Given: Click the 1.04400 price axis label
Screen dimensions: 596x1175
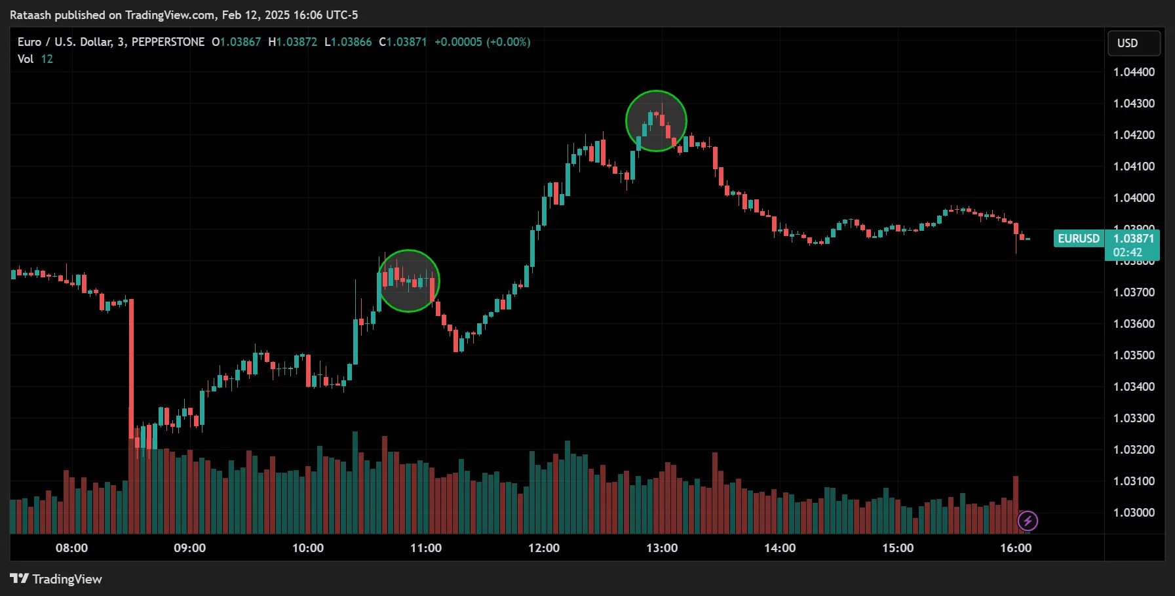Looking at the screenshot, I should [x=1134, y=72].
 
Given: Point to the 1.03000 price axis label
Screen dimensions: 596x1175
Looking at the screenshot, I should [x=1134, y=513].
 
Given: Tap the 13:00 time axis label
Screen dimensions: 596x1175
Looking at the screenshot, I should [x=662, y=548].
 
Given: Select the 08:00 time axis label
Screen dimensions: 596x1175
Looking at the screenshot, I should [x=71, y=548].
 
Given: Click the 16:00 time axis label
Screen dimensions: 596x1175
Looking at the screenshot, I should [x=1016, y=548].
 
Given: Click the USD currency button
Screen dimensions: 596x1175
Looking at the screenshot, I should [x=1134, y=43].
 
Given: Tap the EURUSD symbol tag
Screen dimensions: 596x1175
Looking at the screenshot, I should [x=1079, y=239].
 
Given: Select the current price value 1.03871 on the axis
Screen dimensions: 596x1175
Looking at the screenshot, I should [x=1134, y=239].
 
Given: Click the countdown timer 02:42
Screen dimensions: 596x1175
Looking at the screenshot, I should [x=1128, y=252].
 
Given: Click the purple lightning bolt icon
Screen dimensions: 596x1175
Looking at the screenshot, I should [x=1028, y=521].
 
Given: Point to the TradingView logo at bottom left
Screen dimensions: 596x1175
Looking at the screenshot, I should [x=56, y=579].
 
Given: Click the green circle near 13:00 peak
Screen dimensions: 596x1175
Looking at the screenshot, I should [x=656, y=121].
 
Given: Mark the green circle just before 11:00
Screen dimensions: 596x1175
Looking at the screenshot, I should [x=408, y=281].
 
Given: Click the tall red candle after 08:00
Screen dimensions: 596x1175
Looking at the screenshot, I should [x=131, y=367].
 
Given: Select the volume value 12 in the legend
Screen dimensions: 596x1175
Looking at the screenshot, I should [x=47, y=59].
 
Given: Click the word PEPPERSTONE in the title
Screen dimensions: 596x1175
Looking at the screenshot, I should [x=168, y=42].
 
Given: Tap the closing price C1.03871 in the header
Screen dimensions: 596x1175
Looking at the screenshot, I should [x=403, y=42].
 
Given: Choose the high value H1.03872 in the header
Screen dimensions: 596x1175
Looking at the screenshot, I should [x=293, y=42].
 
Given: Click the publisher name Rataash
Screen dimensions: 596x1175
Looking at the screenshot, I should [x=30, y=15].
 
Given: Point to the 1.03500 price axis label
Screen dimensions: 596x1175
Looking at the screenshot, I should [x=1134, y=355].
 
